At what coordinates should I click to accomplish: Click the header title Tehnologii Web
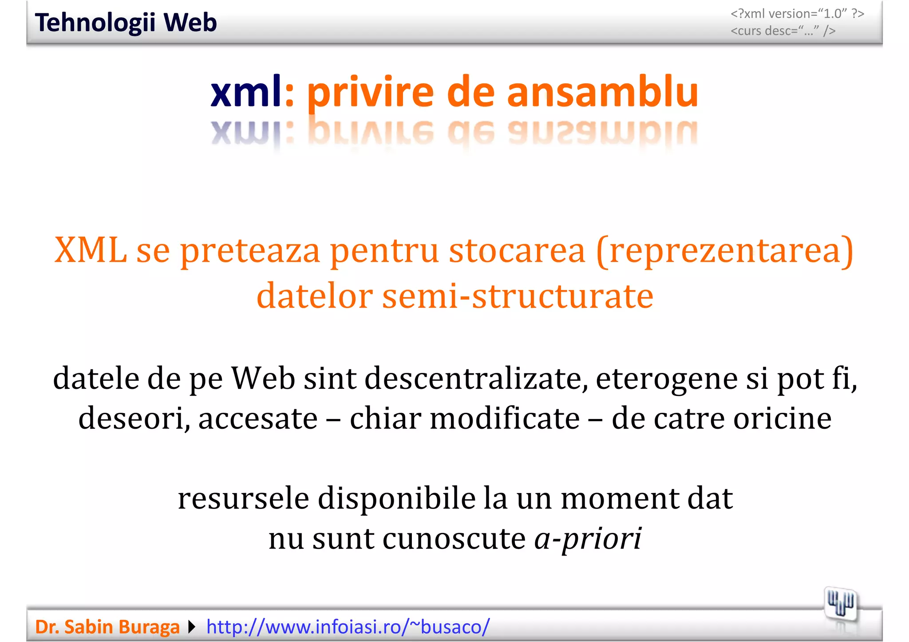tap(126, 23)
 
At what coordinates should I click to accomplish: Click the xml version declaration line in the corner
tap(797, 14)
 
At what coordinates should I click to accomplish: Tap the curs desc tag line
tap(783, 31)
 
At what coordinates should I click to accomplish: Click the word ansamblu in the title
tap(603, 92)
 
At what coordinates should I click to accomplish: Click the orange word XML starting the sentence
tap(91, 251)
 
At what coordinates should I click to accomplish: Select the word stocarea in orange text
tap(517, 251)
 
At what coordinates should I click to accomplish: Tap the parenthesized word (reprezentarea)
tap(725, 251)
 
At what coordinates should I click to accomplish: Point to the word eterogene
tap(667, 379)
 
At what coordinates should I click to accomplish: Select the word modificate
tap(505, 418)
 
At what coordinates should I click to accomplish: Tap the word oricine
tap(782, 418)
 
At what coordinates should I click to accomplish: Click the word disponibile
tap(396, 498)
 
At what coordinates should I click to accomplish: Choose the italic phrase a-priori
tap(588, 539)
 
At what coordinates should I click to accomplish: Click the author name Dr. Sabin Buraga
tap(107, 627)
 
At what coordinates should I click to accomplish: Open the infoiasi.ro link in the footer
tap(348, 627)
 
